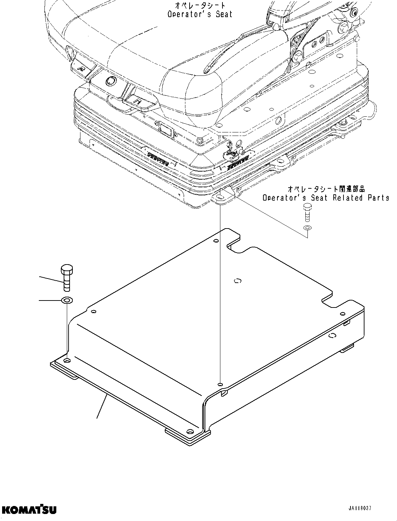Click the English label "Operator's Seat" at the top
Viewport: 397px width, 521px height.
(x=200, y=14)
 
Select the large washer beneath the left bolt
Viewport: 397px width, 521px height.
(x=66, y=300)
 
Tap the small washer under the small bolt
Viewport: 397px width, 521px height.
(x=307, y=228)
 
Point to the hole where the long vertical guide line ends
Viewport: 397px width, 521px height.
(x=220, y=384)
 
